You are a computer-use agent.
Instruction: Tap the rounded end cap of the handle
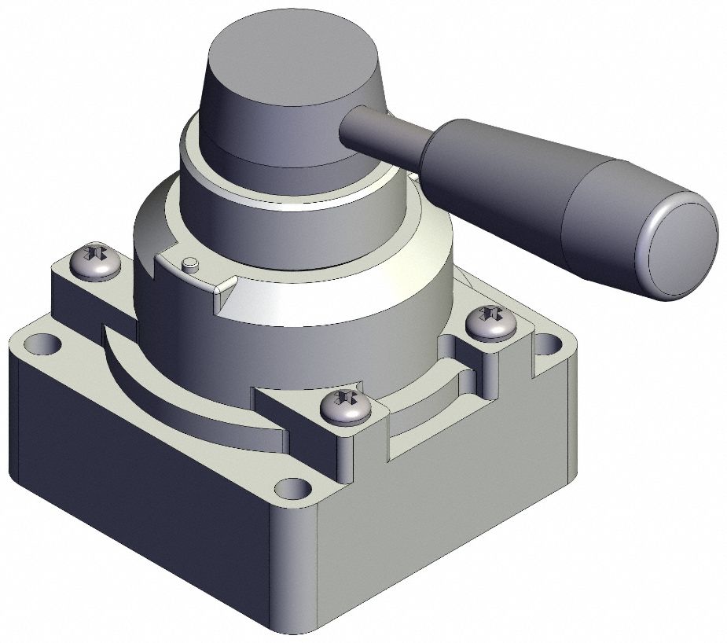coord(681,247)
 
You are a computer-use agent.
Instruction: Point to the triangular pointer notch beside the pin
coord(223,292)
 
